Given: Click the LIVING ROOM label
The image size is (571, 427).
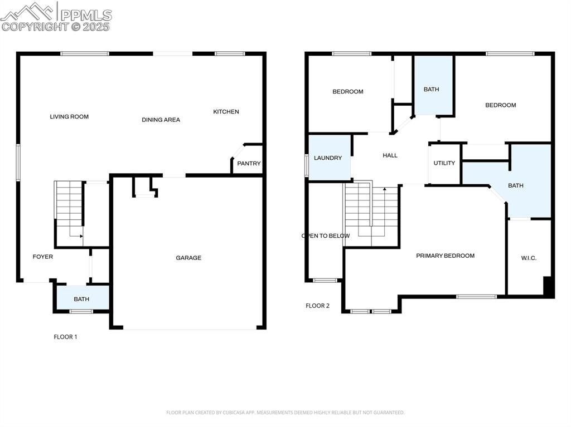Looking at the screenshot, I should point(69,117).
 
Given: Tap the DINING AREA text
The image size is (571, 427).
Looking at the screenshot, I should point(161,120).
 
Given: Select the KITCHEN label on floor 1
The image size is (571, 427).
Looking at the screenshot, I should point(226,112).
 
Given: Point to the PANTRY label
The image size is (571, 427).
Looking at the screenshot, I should point(249,164).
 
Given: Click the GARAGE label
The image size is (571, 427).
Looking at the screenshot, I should point(188,258).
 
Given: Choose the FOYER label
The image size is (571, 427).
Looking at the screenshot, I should point(43,257).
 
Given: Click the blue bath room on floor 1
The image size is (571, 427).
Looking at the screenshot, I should point(81,298).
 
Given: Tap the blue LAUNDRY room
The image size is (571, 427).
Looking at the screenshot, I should point(328,158).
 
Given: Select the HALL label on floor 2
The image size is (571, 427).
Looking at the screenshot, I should point(390,155).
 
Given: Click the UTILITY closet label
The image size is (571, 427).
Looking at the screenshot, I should point(444,163).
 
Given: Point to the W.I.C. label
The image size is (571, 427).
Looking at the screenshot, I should point(529,258).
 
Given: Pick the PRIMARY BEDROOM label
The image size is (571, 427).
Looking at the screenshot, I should point(445,256).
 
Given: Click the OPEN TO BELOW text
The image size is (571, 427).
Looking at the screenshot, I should point(326,236).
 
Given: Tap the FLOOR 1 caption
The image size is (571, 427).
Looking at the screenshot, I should point(65,337).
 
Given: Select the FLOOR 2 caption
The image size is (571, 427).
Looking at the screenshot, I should point(317,306).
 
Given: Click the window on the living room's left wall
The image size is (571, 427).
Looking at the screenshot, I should point(18,162).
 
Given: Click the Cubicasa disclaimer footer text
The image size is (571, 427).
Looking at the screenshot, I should point(285,413).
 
